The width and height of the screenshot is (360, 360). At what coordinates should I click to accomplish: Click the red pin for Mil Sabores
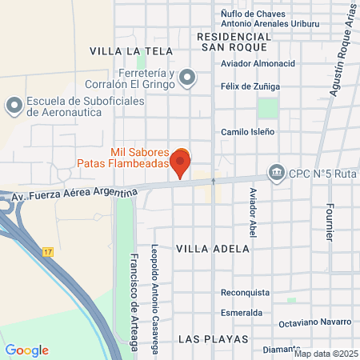180,163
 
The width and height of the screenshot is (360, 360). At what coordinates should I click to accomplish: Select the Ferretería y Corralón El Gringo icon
187,78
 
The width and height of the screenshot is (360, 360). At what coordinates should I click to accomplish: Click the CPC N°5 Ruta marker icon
277,172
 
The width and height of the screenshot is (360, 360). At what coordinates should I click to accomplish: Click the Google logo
27,350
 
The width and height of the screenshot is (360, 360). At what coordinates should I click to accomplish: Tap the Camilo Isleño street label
248,131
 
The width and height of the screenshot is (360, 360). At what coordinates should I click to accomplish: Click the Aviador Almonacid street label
258,62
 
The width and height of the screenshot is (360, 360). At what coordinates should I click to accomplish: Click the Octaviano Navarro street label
315,322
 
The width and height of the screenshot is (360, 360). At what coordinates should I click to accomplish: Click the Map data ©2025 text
326,354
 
